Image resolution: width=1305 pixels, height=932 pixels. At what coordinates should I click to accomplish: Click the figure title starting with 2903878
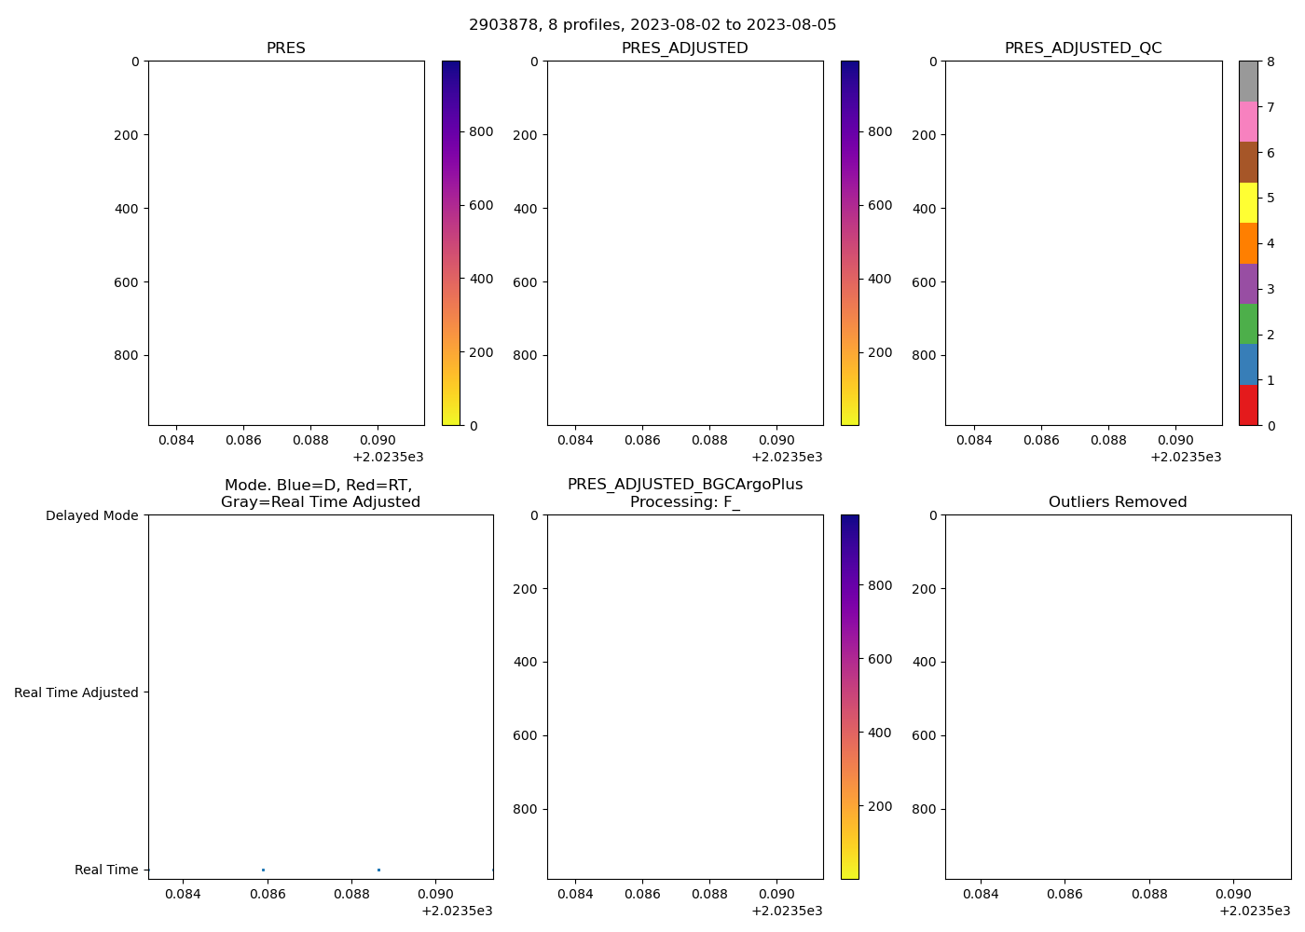pyautogui.click(x=652, y=25)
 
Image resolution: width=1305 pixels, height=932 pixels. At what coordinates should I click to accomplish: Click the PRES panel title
pyautogui.click(x=286, y=48)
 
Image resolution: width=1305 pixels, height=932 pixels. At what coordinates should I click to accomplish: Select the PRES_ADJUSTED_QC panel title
pyautogui.click(x=1083, y=48)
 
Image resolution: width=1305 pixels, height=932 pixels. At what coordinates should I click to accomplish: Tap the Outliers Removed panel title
pyautogui.click(x=1118, y=502)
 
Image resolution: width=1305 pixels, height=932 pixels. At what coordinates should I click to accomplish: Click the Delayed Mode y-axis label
pyautogui.click(x=91, y=515)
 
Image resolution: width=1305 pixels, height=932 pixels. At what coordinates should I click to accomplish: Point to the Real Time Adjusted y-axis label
pyautogui.click(x=76, y=692)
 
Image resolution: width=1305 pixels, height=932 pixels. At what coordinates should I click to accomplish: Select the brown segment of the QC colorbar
pyautogui.click(x=1248, y=162)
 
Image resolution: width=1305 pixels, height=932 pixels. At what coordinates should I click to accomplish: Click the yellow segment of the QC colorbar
pyautogui.click(x=1248, y=202)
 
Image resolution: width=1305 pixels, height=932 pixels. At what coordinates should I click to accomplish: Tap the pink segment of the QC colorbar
pyautogui.click(x=1248, y=121)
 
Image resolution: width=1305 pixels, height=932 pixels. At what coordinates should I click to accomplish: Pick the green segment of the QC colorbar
pyautogui.click(x=1248, y=323)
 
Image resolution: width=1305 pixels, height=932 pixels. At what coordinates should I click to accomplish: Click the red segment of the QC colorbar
pyautogui.click(x=1248, y=405)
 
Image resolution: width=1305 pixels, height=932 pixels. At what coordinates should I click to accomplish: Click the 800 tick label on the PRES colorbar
pyautogui.click(x=481, y=131)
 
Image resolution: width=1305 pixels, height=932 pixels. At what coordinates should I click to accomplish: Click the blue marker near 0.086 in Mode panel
pyautogui.click(x=264, y=870)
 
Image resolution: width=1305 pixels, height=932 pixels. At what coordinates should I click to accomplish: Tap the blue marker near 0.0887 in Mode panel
pyautogui.click(x=378, y=870)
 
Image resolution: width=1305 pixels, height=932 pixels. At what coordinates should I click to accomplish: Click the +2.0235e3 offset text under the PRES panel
pyautogui.click(x=388, y=457)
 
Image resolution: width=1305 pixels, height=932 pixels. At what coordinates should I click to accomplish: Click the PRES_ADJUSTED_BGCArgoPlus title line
pyautogui.click(x=685, y=485)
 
